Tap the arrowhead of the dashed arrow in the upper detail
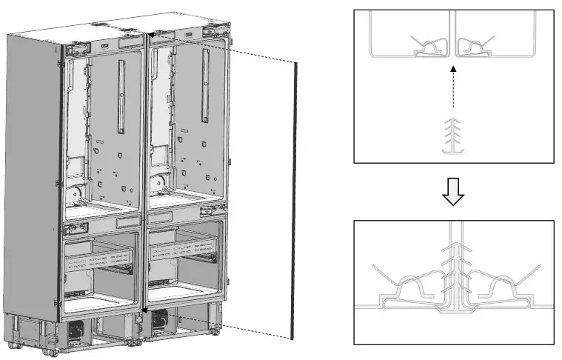pos(453,67)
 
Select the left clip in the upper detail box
pos(429,47)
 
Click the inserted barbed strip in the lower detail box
pos(453,270)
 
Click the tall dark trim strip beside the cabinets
pos(296,200)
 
